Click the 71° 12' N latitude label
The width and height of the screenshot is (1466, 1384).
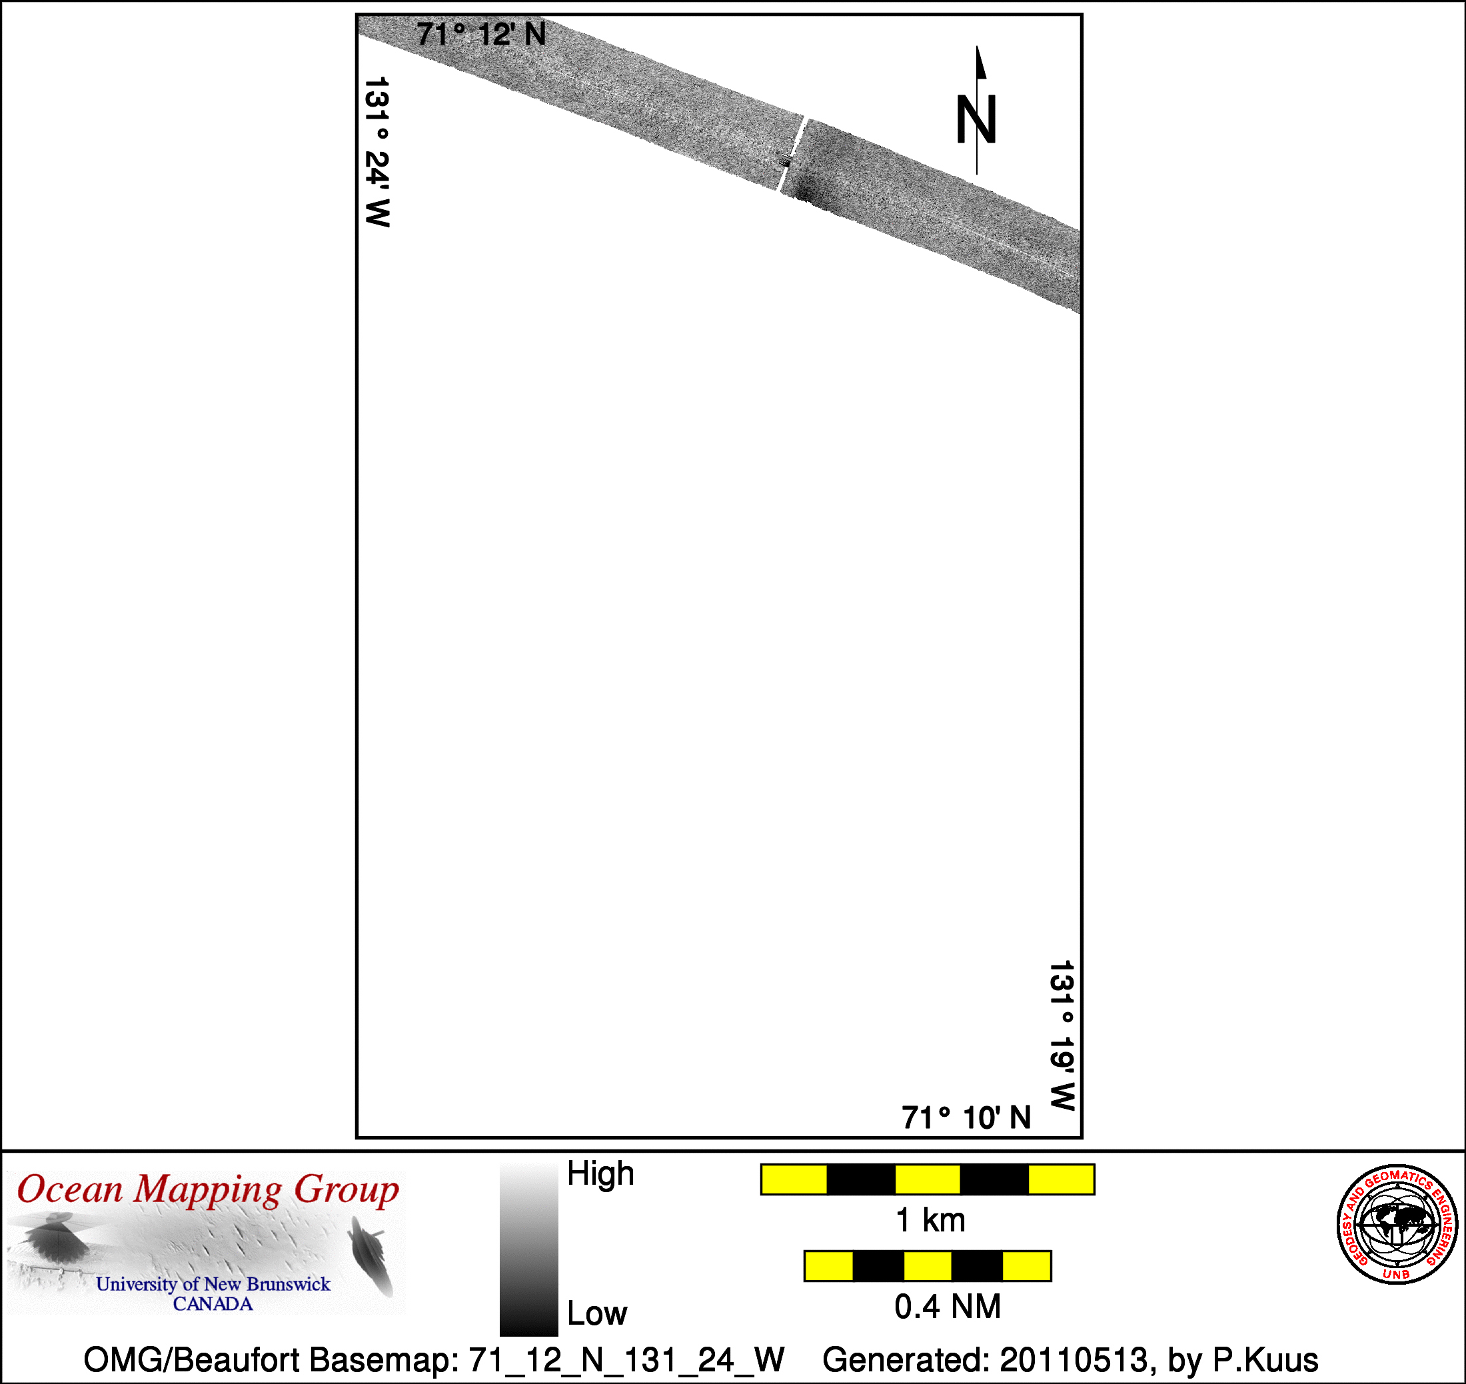coord(481,35)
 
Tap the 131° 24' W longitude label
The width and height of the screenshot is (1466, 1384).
coord(377,152)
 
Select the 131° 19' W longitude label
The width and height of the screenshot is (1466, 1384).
coord(1062,1036)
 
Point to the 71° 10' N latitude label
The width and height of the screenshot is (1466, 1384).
coord(966,1118)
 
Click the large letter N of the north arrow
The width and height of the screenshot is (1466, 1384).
coord(976,119)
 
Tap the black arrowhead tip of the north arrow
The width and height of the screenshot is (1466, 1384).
coord(977,47)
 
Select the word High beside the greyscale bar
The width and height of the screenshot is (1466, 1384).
coord(600,1173)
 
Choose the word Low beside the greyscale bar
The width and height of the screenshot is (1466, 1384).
coord(597,1314)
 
